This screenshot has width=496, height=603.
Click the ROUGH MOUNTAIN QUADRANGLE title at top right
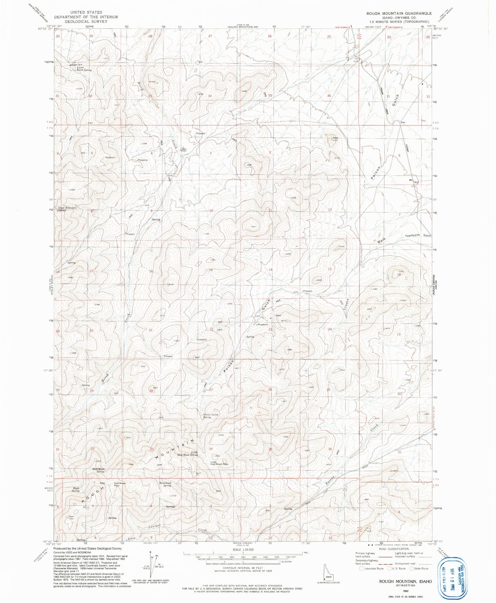click(398, 13)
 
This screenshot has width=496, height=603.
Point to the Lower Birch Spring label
click(82, 69)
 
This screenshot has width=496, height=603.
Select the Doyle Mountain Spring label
click(67, 209)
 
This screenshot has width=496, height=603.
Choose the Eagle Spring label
click(75, 489)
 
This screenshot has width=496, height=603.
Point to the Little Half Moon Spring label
click(188, 454)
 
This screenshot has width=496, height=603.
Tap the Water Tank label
click(76, 64)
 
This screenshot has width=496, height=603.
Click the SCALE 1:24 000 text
click(243, 550)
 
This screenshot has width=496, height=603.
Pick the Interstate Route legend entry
click(371, 568)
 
